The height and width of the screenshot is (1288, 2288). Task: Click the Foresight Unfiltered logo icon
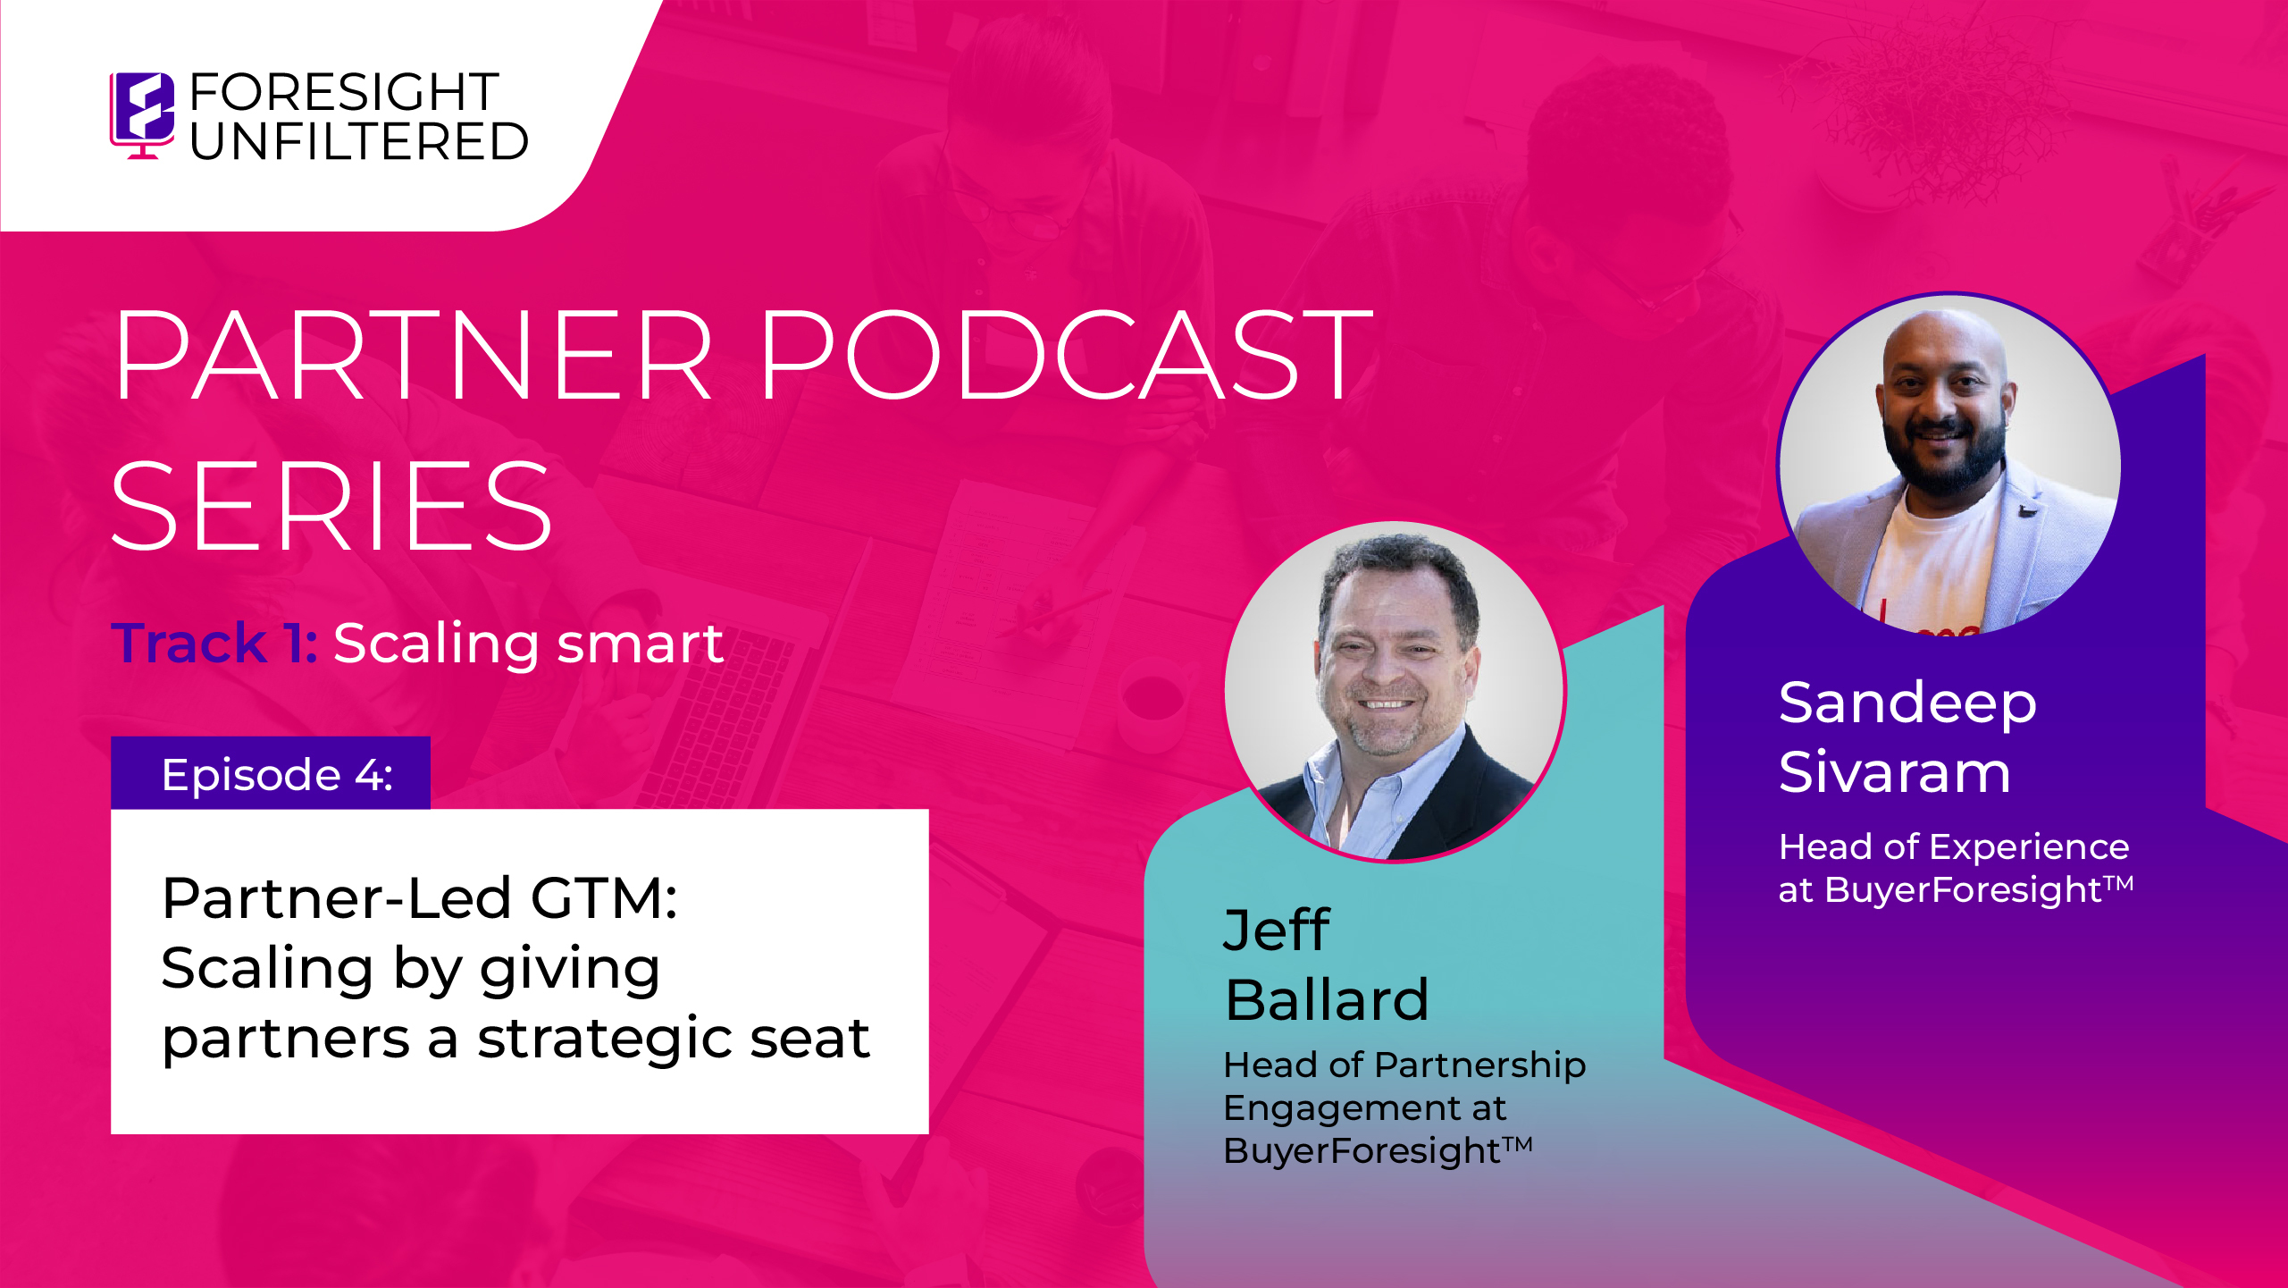(x=142, y=115)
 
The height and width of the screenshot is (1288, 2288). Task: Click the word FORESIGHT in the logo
(x=344, y=92)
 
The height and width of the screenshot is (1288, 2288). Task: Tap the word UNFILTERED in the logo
(x=359, y=141)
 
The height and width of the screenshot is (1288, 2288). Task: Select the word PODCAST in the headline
(x=1066, y=355)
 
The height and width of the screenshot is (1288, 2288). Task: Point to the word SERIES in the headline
(x=331, y=506)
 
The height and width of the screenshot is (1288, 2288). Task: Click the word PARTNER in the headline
(x=415, y=355)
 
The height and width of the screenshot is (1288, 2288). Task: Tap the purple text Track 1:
(x=214, y=643)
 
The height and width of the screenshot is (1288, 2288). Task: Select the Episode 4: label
(x=277, y=774)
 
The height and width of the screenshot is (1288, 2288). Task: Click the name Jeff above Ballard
(x=1277, y=930)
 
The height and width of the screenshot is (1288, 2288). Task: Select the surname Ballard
(x=1327, y=999)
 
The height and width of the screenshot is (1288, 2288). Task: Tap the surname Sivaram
(x=1895, y=771)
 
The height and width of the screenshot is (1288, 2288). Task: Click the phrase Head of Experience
(x=1954, y=846)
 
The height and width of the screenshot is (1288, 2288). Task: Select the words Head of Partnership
(x=1404, y=1065)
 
